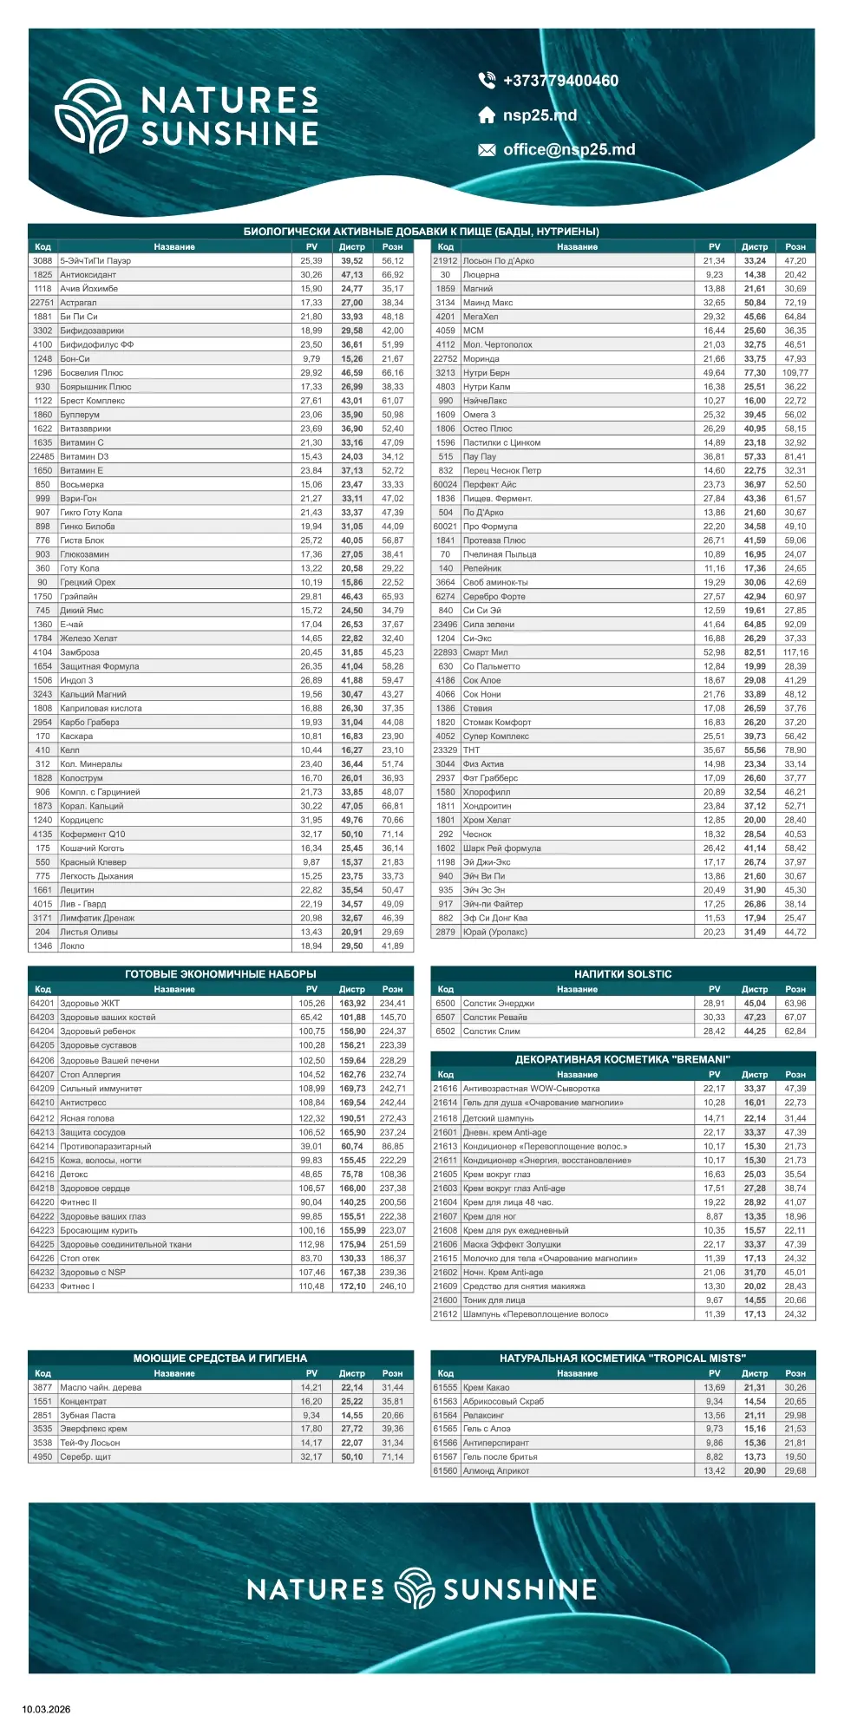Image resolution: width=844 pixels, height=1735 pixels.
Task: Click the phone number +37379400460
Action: (560, 81)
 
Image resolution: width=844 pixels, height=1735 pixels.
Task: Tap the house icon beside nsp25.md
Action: (487, 115)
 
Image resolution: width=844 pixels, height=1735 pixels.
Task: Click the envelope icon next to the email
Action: (487, 150)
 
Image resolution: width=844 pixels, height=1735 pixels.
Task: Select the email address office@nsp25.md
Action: (569, 149)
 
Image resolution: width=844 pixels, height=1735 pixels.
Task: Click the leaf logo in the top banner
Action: (92, 116)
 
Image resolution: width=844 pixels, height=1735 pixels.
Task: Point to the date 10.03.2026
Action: (46, 1709)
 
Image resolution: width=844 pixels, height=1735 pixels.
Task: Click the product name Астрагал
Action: (78, 303)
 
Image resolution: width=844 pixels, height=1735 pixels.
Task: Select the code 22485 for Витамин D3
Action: (43, 456)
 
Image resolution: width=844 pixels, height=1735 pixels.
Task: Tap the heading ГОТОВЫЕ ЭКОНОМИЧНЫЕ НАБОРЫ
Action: (220, 974)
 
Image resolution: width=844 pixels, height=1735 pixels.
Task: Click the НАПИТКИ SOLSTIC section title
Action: (623, 974)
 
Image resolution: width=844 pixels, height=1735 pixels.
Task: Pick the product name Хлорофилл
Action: (487, 792)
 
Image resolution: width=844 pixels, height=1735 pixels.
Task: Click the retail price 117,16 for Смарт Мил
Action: (795, 652)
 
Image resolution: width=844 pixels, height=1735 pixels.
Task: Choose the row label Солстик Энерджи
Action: (499, 1003)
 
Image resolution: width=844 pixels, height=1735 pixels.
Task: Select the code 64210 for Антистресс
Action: (43, 1103)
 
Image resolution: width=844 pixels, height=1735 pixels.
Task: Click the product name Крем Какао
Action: (486, 1387)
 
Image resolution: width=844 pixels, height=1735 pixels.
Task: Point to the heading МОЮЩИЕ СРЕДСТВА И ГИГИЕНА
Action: (220, 1358)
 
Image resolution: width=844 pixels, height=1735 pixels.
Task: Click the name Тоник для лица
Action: (494, 1300)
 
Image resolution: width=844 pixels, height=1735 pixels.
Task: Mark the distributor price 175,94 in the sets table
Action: (352, 1244)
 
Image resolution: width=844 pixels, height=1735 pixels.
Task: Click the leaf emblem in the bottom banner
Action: (415, 1588)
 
